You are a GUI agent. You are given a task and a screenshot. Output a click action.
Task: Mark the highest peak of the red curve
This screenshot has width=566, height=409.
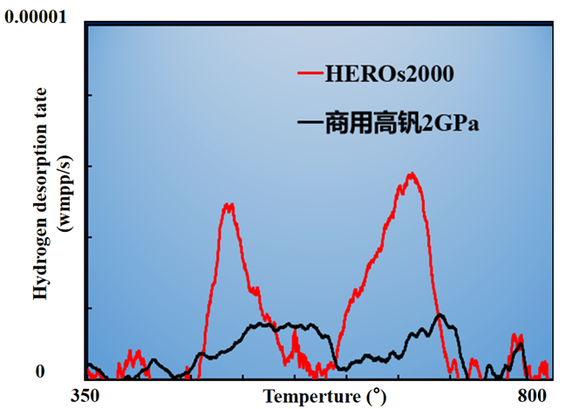[412, 174]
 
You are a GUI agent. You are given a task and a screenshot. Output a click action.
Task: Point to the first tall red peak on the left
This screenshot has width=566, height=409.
[228, 205]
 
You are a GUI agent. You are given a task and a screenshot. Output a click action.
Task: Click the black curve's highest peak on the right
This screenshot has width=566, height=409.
[440, 316]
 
